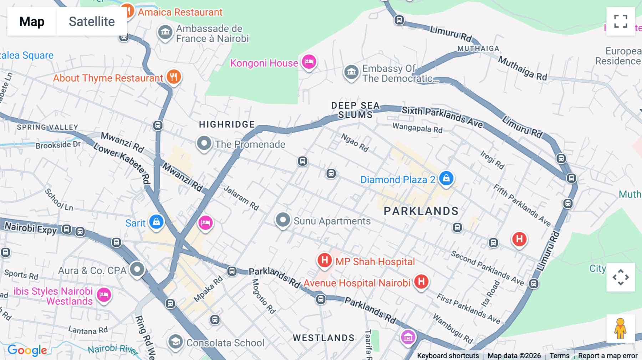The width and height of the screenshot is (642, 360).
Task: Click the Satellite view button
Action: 92,21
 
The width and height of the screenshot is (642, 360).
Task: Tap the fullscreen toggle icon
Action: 621,21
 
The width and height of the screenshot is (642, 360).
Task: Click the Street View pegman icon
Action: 621,329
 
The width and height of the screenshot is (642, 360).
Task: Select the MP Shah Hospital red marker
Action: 325,260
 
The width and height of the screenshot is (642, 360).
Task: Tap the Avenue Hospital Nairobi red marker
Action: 421,282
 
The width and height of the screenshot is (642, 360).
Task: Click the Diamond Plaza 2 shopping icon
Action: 446,178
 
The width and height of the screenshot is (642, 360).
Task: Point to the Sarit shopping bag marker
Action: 156,222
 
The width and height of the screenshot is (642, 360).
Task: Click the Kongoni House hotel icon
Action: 309,62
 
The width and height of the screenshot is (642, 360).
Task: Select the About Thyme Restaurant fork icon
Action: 174,77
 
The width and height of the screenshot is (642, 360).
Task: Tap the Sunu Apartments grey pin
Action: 283,220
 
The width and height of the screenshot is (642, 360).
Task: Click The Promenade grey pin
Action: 204,143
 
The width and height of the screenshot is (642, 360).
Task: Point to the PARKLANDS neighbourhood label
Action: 421,211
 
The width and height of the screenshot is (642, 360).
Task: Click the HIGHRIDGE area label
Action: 227,124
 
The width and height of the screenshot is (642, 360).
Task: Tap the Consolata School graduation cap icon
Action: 175,342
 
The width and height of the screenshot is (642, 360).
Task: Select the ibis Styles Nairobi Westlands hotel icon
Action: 104,295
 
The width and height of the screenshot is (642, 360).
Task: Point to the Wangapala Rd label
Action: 417,128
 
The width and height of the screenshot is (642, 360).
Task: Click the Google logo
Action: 27,350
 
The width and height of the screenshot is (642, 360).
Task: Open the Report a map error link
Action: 607,356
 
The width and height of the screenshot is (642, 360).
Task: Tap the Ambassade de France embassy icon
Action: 165,32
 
